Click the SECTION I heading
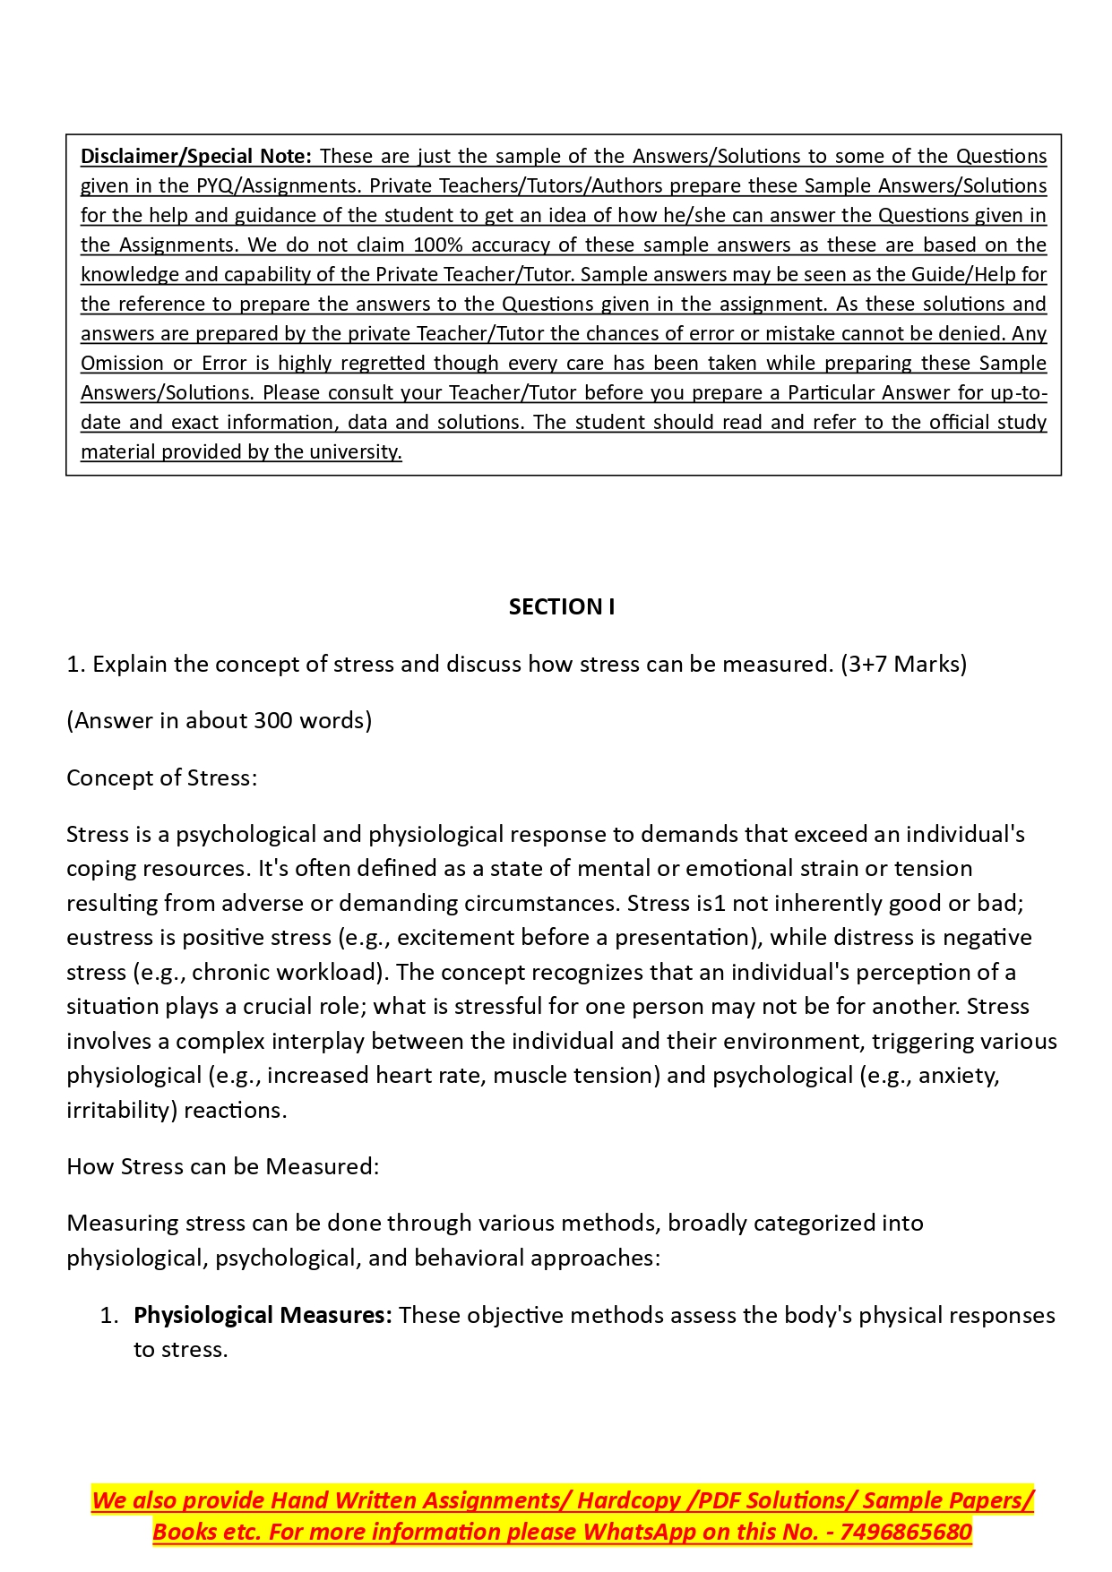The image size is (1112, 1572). point(561,607)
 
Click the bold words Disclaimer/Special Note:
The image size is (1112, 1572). point(195,156)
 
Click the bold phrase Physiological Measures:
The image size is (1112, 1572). point(263,1315)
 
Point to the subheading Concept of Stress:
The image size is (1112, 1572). point(161,777)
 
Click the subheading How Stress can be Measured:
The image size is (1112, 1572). point(222,1166)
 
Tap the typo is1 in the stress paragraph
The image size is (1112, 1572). point(711,903)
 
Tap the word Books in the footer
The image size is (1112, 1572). point(184,1532)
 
